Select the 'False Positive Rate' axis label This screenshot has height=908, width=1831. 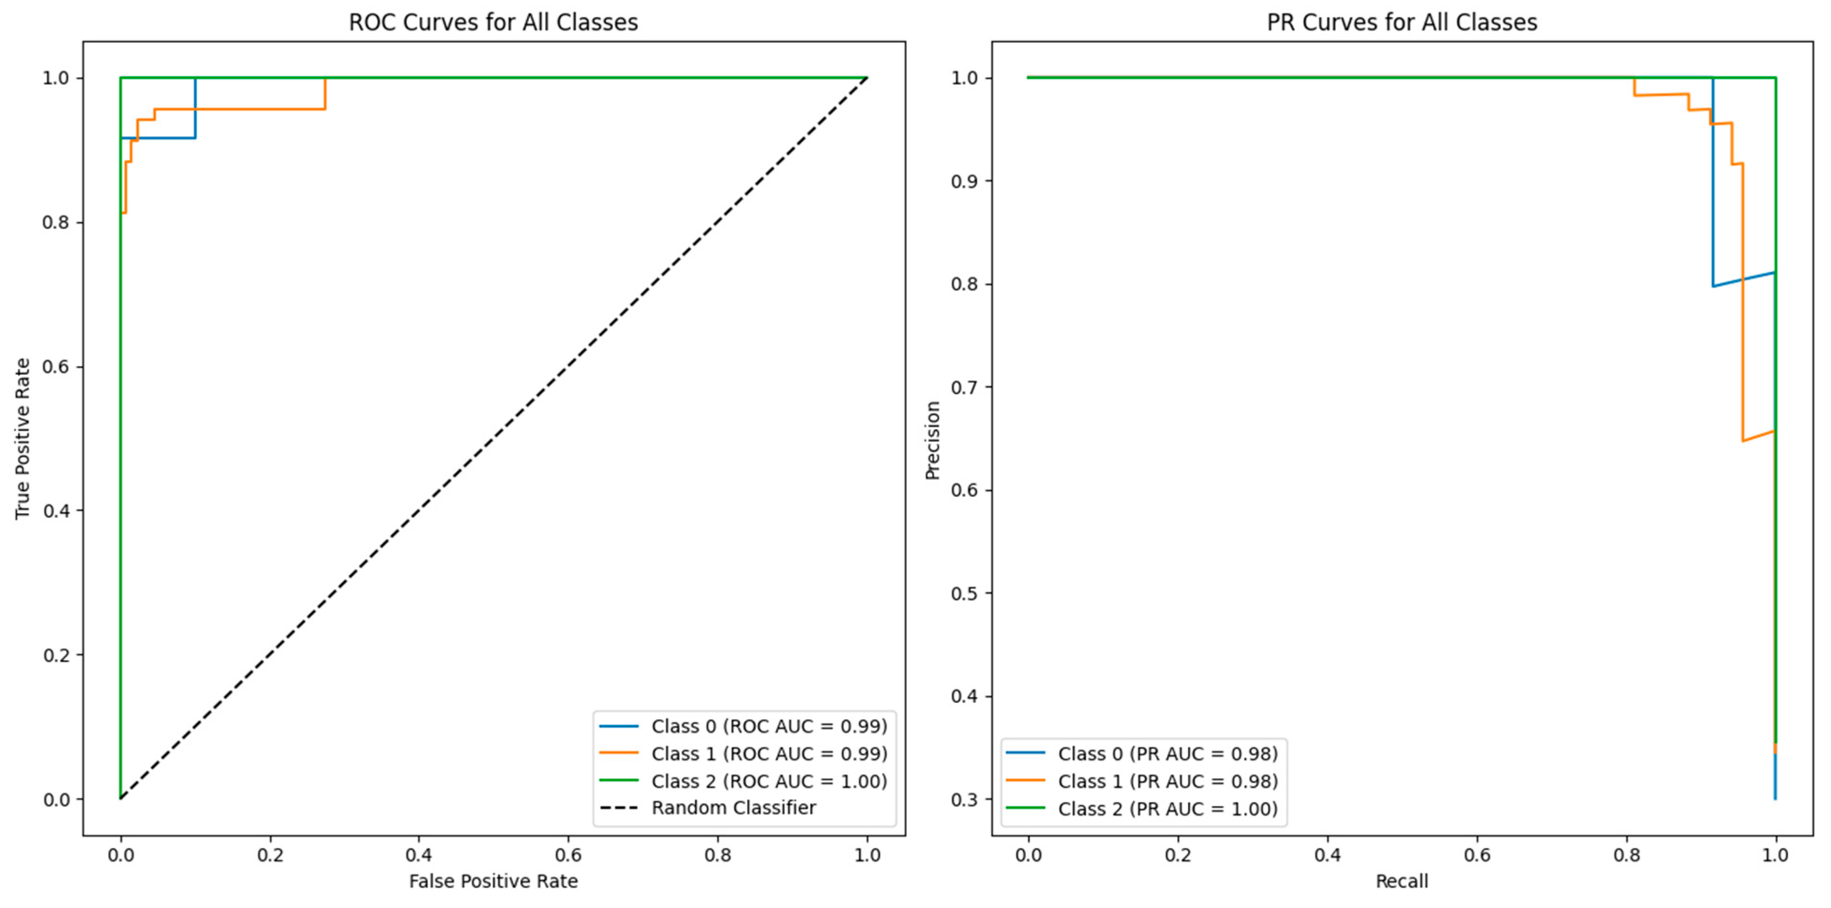493,881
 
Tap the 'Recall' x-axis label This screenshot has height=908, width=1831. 1401,881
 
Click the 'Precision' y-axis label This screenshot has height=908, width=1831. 932,440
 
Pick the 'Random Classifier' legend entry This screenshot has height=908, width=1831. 734,808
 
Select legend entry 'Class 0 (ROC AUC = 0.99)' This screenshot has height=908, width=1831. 769,726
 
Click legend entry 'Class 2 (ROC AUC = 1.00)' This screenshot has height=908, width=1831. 769,781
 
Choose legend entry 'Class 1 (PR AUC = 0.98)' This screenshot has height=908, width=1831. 1167,781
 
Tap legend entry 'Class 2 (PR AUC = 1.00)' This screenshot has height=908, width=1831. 1167,808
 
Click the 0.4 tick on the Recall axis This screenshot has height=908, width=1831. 1327,855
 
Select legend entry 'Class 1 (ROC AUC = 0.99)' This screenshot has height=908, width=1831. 769,753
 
